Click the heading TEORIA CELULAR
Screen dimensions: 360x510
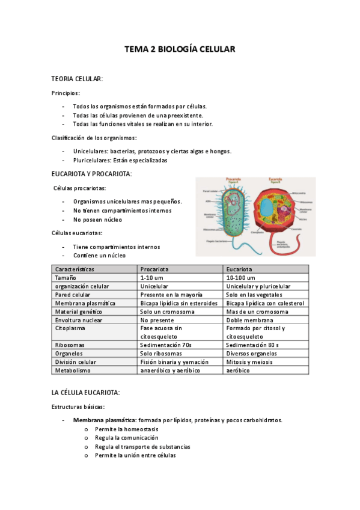tap(77, 79)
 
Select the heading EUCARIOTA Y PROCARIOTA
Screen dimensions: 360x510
tap(92, 174)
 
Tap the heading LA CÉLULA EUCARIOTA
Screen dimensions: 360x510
tap(86, 393)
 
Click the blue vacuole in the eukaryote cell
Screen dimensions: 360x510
tap(266, 209)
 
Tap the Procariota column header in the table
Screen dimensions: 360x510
tap(154, 269)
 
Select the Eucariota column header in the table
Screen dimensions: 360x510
tap(239, 269)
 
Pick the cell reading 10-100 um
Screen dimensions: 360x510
tap(240, 278)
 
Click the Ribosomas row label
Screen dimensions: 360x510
tap(70, 345)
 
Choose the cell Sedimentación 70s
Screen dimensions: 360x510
tap(165, 345)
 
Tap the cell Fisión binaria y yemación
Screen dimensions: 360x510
tap(174, 362)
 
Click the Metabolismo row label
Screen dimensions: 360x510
tap(73, 370)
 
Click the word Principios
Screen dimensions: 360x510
tap(65, 93)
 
